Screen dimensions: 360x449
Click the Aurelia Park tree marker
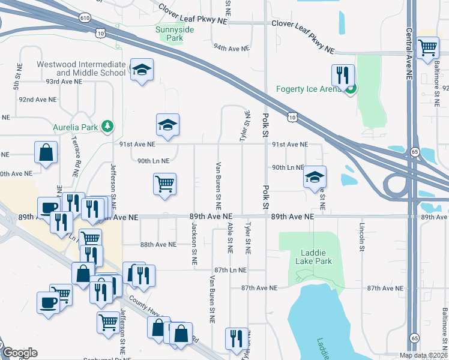pyautogui.click(x=107, y=125)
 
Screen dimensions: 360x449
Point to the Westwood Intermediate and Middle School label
pyautogui.click(x=81, y=68)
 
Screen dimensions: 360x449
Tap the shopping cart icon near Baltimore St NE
pyautogui.click(x=427, y=47)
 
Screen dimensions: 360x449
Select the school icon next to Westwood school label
pyautogui.click(x=142, y=71)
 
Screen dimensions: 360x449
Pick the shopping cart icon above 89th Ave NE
pyautogui.click(x=164, y=184)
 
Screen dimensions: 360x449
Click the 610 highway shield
pyautogui.click(x=102, y=19)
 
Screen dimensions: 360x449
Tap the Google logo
pyautogui.click(x=20, y=352)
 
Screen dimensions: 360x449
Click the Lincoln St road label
pyautogui.click(x=362, y=239)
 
